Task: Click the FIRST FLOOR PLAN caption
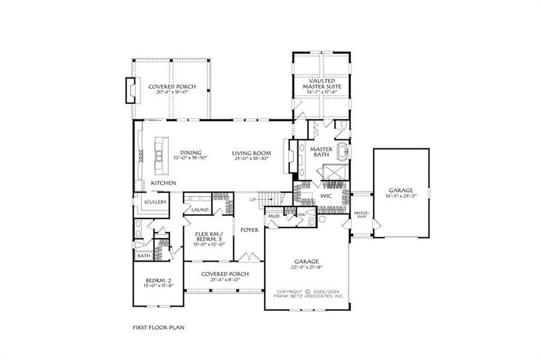159,328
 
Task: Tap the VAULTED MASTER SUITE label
321,83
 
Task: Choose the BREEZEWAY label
361,215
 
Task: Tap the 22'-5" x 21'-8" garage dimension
306,268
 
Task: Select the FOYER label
249,229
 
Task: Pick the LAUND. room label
200,210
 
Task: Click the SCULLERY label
155,202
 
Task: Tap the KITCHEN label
163,182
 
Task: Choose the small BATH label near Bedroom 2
144,256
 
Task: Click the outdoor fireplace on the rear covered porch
129,90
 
